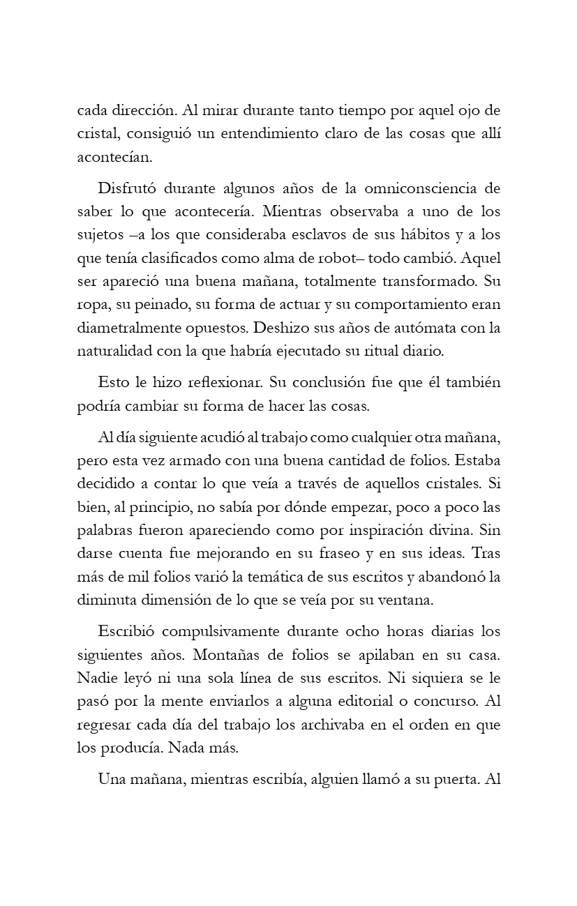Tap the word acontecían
point(114,156)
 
